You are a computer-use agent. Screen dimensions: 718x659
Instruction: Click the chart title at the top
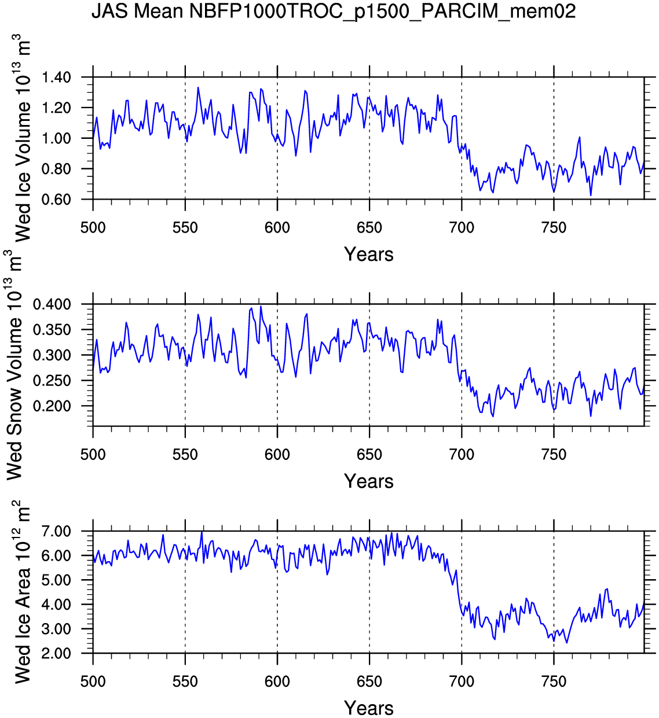[x=334, y=11]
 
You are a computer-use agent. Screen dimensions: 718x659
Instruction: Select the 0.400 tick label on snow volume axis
[x=52, y=304]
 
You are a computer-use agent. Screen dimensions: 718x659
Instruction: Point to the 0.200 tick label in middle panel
[x=52, y=406]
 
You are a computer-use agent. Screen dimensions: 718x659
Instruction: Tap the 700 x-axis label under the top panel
[x=462, y=227]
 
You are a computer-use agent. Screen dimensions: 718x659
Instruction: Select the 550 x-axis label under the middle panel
[x=185, y=454]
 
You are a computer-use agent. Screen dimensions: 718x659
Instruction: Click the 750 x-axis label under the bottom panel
[x=554, y=682]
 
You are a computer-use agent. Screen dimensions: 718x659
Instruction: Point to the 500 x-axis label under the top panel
[x=93, y=227]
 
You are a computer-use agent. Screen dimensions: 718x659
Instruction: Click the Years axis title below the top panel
[x=368, y=254]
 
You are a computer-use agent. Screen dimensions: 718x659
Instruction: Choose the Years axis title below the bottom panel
[x=368, y=708]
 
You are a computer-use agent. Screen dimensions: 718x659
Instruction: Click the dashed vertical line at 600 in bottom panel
[x=277, y=613]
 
